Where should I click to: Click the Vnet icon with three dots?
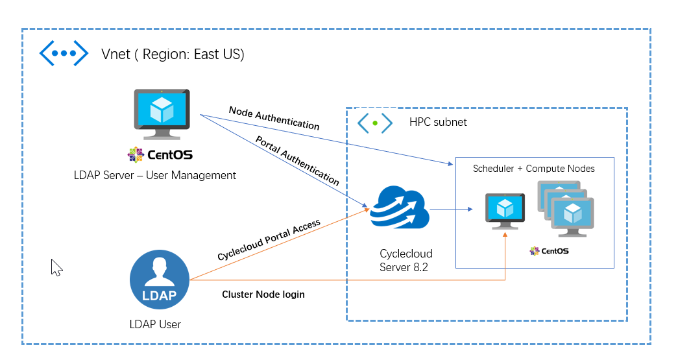coord(64,53)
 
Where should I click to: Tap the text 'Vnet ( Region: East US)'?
coord(173,54)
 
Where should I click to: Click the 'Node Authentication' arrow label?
coord(274,117)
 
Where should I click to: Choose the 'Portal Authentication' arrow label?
coord(297,161)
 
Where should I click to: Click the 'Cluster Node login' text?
coord(263,294)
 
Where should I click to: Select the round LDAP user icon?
coord(159,281)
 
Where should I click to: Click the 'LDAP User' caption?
coord(155,324)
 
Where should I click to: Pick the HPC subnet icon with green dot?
coord(375,123)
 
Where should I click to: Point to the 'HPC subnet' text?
coord(438,122)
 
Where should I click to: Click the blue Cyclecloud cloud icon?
coord(398,207)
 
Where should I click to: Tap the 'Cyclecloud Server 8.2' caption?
coord(406,260)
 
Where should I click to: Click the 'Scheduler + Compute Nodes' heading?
coord(533,169)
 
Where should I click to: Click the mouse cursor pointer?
coord(56,267)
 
